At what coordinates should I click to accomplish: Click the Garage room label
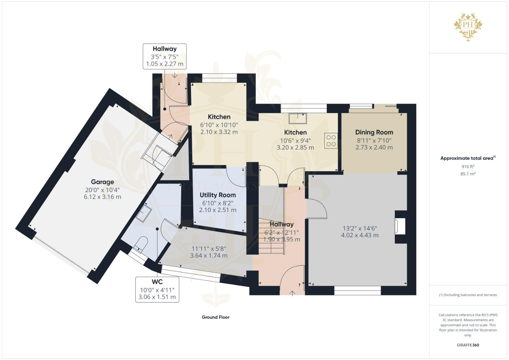coord(102,182)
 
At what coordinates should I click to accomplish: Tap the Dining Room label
coord(374,132)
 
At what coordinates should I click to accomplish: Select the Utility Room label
coord(218,195)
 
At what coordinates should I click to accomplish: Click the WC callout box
coord(157,289)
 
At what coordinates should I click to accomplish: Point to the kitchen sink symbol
coord(298,118)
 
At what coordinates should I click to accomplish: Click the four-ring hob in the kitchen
coord(331,141)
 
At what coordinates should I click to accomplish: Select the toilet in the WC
coord(141,243)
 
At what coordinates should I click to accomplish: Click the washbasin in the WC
coord(144,212)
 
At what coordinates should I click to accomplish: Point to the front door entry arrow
coord(292,293)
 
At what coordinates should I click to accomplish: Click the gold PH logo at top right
coord(468,27)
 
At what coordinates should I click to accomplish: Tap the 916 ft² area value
coord(468,167)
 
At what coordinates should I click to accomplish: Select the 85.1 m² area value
coord(468,174)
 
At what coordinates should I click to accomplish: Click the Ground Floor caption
coord(215,317)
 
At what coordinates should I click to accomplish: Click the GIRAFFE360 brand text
coord(468,345)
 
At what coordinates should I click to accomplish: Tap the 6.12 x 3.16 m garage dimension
coord(102,197)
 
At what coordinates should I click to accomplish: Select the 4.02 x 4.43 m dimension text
coord(360,235)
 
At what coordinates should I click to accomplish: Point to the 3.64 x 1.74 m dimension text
coord(209,256)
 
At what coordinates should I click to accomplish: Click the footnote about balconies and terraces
coord(468,295)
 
